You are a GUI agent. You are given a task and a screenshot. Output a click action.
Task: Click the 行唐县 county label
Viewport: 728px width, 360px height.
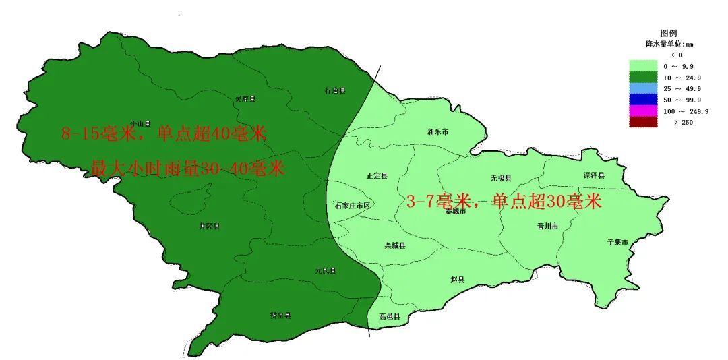pos(335,90)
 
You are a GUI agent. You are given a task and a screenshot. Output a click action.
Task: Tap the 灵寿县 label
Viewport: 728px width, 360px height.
pos(245,99)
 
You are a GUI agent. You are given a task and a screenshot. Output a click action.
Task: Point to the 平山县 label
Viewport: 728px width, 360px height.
pos(140,123)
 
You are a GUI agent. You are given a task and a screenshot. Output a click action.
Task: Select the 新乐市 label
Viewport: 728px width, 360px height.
pos(438,132)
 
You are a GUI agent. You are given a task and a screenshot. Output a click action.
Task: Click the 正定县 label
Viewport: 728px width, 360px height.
pos(377,175)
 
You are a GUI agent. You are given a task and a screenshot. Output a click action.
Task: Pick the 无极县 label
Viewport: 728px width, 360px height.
pos(501,178)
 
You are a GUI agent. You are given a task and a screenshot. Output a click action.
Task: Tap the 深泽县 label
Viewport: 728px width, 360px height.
pos(594,175)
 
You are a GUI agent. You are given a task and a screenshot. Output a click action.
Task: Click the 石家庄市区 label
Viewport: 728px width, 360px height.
pos(353,205)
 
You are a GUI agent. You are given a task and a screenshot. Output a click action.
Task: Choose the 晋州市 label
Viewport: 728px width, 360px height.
pos(548,227)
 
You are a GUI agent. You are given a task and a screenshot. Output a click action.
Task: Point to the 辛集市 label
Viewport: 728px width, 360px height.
pos(617,241)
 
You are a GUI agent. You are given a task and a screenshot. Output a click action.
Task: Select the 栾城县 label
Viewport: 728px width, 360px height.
pos(395,245)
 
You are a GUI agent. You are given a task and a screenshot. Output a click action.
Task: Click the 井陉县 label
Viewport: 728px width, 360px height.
pos(210,226)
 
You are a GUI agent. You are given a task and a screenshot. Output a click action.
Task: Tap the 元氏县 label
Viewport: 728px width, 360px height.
pos(325,270)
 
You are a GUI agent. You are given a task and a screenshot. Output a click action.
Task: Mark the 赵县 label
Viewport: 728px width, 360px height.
pos(458,278)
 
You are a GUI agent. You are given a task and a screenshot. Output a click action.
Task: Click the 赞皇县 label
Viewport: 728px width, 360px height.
pos(280,315)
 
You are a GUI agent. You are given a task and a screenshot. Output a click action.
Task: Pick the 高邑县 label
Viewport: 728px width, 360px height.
pos(390,316)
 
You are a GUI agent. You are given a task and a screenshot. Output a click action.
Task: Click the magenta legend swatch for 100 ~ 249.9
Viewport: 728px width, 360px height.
pos(643,111)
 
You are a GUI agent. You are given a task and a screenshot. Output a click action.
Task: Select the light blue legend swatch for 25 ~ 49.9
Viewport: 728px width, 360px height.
pos(643,88)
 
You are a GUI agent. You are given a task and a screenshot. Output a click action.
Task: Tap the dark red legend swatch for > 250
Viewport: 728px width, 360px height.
pos(643,122)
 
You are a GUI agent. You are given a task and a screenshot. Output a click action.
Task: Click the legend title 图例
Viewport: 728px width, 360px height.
pos(669,33)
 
